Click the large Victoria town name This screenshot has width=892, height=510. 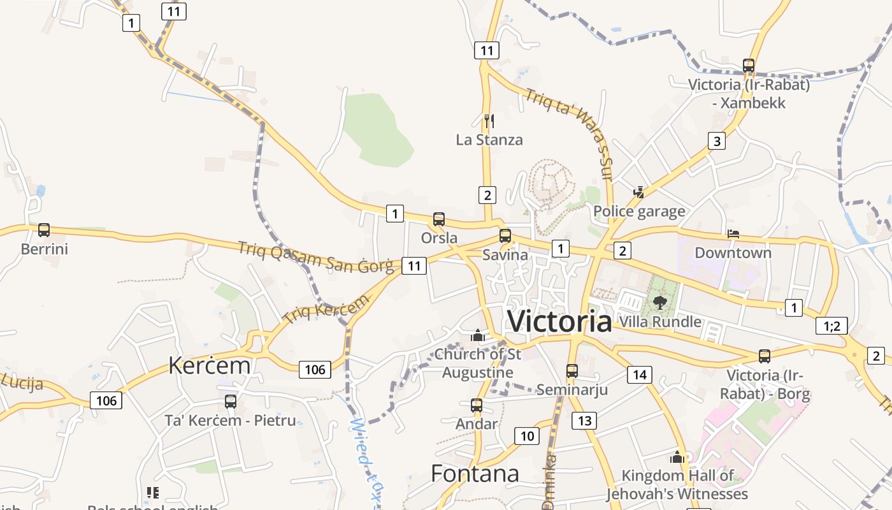(559, 321)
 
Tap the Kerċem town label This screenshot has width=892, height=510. (209, 365)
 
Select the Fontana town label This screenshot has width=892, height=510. (475, 474)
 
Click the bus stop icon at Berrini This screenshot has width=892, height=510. (44, 230)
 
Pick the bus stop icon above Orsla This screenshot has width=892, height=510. (439, 219)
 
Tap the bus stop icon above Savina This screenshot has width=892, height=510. (505, 236)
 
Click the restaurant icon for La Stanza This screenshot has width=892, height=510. (489, 120)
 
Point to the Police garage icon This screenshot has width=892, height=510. (638, 192)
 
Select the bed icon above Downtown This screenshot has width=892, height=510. (733, 234)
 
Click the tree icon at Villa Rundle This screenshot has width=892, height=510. (659, 303)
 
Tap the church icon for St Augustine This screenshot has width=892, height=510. (478, 335)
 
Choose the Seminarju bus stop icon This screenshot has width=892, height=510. (572, 370)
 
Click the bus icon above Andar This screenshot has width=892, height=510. (477, 405)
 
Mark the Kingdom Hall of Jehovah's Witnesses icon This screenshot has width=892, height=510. (677, 457)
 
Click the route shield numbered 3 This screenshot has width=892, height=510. (717, 141)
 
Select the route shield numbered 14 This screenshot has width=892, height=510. (640, 374)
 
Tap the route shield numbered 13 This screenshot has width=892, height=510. (584, 420)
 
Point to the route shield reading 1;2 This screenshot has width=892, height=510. (832, 326)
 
